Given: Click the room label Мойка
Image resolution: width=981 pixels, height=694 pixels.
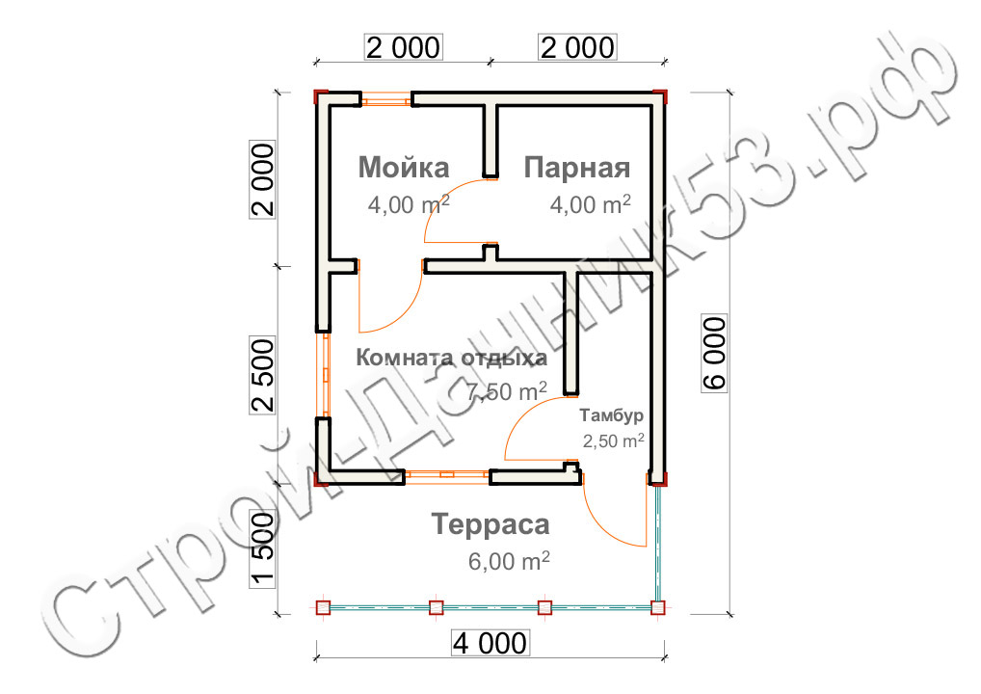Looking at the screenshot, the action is tap(404, 167).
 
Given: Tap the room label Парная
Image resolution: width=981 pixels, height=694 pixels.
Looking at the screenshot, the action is tap(576, 168).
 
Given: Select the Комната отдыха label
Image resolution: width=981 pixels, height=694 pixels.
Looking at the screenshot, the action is tap(451, 358).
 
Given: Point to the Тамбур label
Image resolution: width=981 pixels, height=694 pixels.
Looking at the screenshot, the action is tap(611, 414).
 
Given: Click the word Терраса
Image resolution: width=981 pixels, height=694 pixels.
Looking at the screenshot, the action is tap(490, 524).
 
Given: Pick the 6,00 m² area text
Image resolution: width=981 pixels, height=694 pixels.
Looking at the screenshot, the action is tap(509, 561).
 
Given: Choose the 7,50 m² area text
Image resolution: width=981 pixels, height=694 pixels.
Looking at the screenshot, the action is tap(507, 391).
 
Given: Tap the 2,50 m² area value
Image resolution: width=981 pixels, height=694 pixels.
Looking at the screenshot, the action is tap(613, 441).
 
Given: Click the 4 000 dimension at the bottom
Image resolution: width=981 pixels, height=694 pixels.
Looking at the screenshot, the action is tap(490, 643).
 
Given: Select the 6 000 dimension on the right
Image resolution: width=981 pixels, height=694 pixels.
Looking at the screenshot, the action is tap(714, 353).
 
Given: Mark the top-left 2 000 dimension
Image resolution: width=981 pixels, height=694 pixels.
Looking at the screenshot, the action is tap(403, 47).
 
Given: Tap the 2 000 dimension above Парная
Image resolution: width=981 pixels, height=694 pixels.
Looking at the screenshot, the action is tap(577, 47).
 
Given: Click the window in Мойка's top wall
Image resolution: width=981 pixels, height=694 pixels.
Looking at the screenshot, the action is tap(386, 99).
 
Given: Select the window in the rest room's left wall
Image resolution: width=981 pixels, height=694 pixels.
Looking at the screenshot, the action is tap(325, 375).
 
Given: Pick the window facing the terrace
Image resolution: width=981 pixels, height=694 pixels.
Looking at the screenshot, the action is tap(447, 477).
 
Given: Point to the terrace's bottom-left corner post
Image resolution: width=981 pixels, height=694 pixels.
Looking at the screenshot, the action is tap(323, 607).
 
